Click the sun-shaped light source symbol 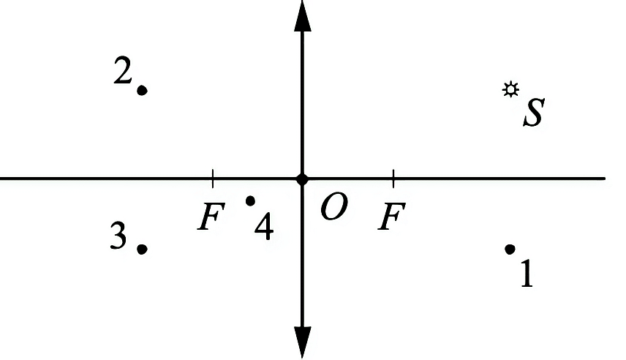(510, 89)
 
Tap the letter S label (534, 113)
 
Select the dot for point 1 (510, 250)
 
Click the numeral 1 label (527, 273)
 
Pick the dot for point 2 (142, 90)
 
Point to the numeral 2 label (123, 70)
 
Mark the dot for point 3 (142, 250)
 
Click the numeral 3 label (118, 236)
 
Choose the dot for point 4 (250, 200)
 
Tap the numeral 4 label (264, 226)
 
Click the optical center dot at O (302, 179)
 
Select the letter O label (333, 206)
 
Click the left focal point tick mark (213, 179)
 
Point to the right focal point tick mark (393, 179)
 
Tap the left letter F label (211, 216)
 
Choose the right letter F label (392, 216)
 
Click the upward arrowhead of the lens (302, 15)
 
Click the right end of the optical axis (606, 179)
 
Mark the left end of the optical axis (1, 179)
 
